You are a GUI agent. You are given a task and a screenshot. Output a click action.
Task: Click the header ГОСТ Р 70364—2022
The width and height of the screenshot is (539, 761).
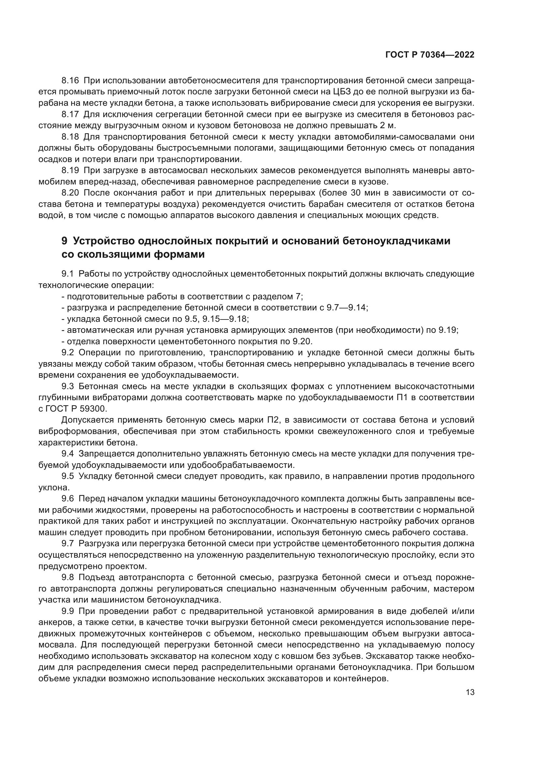point(430,55)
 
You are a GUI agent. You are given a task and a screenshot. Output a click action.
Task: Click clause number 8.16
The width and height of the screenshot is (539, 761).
point(70,81)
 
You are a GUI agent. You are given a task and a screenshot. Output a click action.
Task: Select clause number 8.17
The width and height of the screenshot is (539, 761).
point(70,114)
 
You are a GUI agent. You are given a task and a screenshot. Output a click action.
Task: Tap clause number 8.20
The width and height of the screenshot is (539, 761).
point(70,193)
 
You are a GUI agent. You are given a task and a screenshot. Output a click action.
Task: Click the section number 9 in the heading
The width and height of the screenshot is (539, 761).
point(65,241)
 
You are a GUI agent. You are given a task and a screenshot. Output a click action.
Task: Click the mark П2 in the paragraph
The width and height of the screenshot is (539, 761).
point(273,420)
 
